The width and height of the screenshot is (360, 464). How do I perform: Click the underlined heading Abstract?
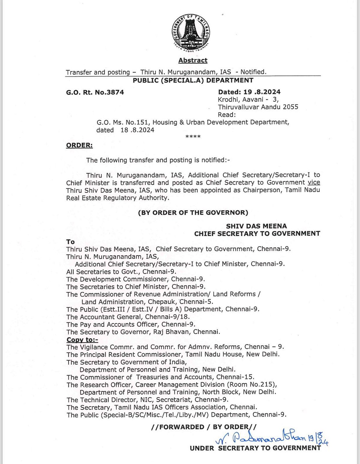[x=193, y=60]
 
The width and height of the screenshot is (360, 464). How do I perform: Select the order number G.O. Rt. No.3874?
[x=95, y=92]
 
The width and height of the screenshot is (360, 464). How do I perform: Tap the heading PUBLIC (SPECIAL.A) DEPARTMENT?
[x=193, y=80]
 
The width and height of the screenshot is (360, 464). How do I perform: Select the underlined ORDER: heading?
[x=79, y=145]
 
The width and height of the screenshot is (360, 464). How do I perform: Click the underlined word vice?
[x=314, y=182]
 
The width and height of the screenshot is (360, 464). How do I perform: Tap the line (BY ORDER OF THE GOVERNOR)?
[x=193, y=213]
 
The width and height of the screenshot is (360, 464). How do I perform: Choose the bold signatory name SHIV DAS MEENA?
[x=256, y=226]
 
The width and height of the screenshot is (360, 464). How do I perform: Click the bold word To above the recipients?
[x=70, y=242]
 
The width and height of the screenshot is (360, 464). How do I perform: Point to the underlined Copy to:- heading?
[x=82, y=340]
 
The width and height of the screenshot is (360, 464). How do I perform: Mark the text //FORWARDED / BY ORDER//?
[x=204, y=427]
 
